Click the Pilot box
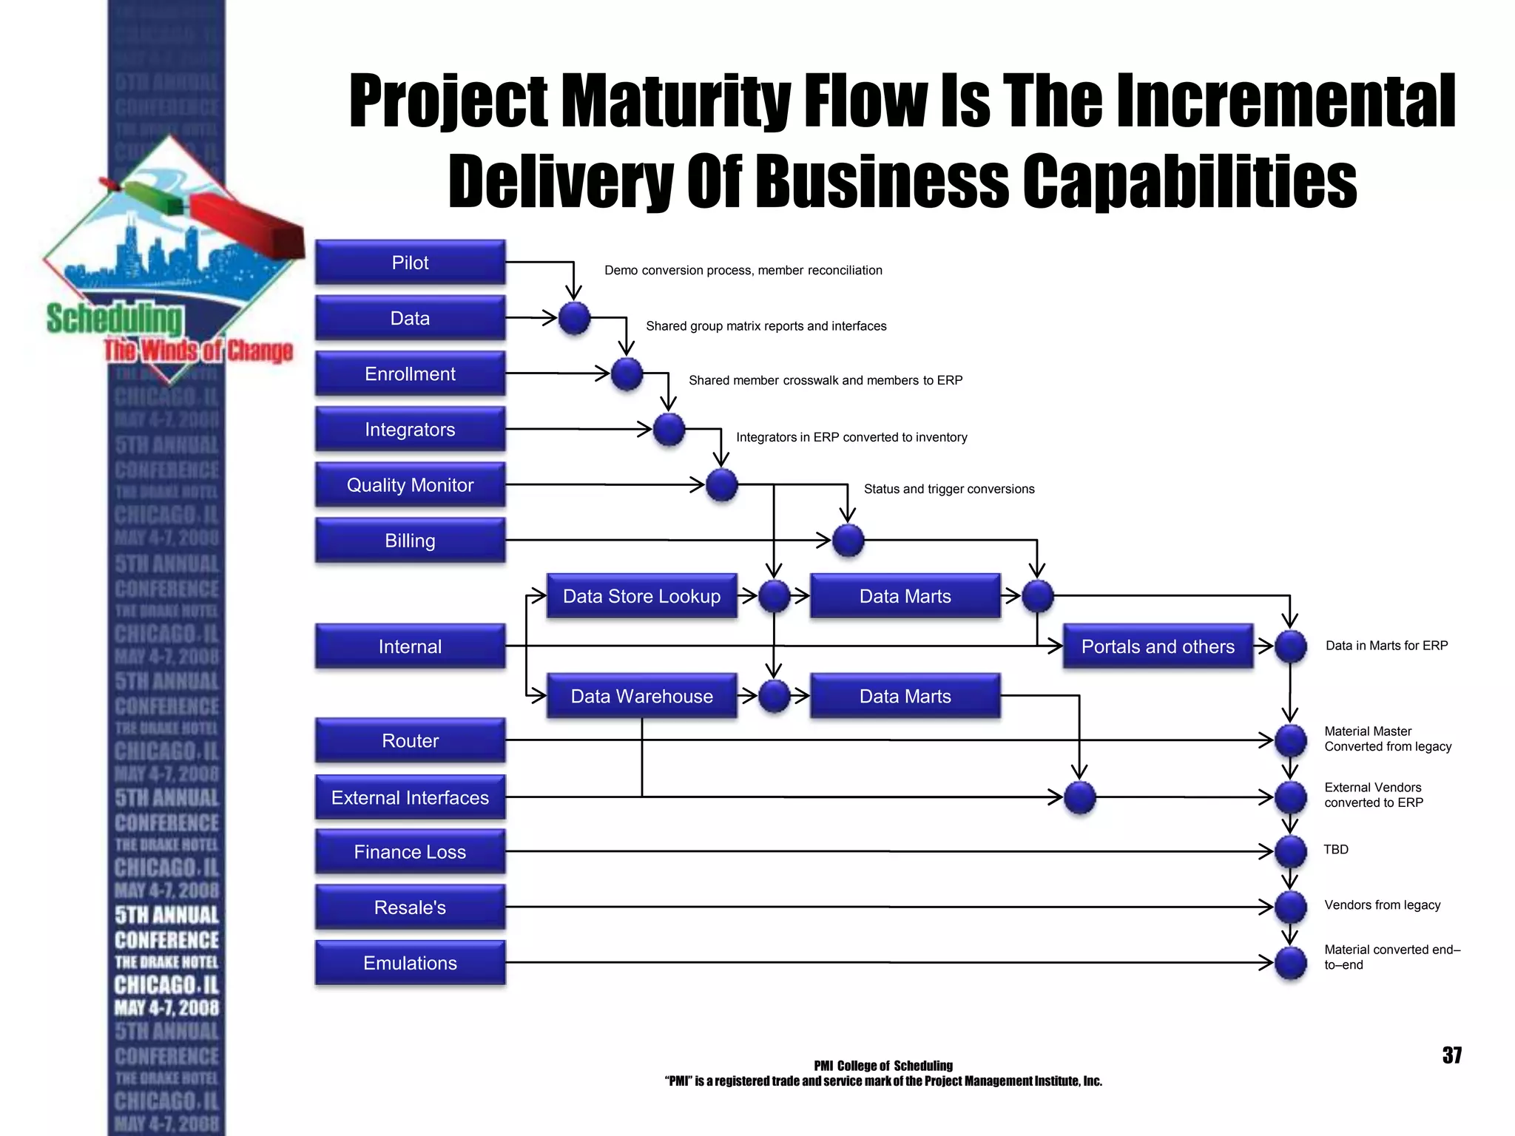tap(410, 263)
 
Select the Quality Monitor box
tap(410, 485)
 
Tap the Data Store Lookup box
tap(641, 596)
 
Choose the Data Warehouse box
tap(641, 696)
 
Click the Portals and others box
tap(1158, 646)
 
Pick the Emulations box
tap(410, 963)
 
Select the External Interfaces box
tap(410, 797)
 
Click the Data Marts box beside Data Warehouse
tap(905, 696)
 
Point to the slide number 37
tap(1451, 1055)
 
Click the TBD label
tap(1335, 849)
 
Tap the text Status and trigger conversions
tap(948, 489)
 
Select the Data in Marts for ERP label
tap(1386, 646)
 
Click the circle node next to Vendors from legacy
tap(1291, 907)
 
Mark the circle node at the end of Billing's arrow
tap(848, 541)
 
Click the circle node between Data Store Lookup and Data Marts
tap(774, 596)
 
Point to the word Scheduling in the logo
tap(114, 319)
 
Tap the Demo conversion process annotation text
tap(743, 271)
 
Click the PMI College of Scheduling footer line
tap(883, 1066)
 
